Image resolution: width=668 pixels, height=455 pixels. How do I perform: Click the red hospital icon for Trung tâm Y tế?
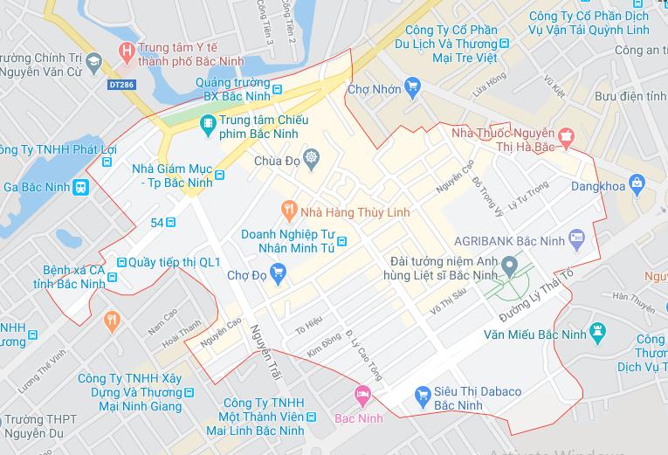[x=129, y=49]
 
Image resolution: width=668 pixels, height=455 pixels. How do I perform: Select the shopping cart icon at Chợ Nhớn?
[x=413, y=86]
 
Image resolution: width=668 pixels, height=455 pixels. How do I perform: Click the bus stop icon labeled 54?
[x=172, y=223]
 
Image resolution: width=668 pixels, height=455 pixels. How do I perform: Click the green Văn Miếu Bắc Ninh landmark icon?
[x=597, y=330]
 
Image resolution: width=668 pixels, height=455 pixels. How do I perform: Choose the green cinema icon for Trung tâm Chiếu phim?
[x=207, y=124]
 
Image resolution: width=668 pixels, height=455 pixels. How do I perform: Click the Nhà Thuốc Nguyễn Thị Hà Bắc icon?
[x=568, y=135]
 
